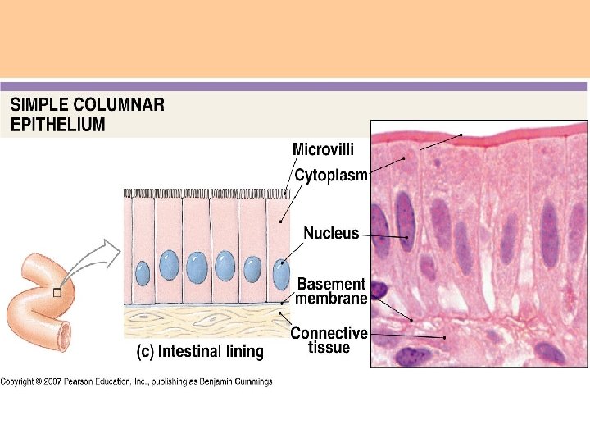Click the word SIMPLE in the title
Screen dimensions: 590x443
pyautogui.click(x=39, y=105)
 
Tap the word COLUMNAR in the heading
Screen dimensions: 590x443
pyautogui.click(x=119, y=105)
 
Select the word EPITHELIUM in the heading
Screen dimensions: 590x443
pyautogui.click(x=58, y=126)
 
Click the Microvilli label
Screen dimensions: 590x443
pyautogui.click(x=324, y=149)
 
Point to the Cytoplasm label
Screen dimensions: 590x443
pyautogui.click(x=331, y=175)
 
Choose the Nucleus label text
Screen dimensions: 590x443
pyautogui.click(x=331, y=233)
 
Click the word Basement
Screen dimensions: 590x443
pyautogui.click(x=331, y=284)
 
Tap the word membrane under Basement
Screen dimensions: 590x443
pyautogui.click(x=331, y=299)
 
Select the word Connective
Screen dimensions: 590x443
pyautogui.click(x=329, y=333)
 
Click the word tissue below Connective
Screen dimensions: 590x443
pyautogui.click(x=329, y=347)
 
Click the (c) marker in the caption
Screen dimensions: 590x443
pyautogui.click(x=144, y=352)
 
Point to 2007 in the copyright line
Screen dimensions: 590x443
pyautogui.click(x=52, y=381)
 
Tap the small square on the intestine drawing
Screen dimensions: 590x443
pyautogui.click(x=56, y=292)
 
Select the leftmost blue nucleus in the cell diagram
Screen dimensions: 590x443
pyautogui.click(x=143, y=272)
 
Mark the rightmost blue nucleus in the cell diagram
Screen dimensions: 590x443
pyautogui.click(x=281, y=274)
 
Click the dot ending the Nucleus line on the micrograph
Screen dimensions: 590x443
pyautogui.click(x=407, y=238)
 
